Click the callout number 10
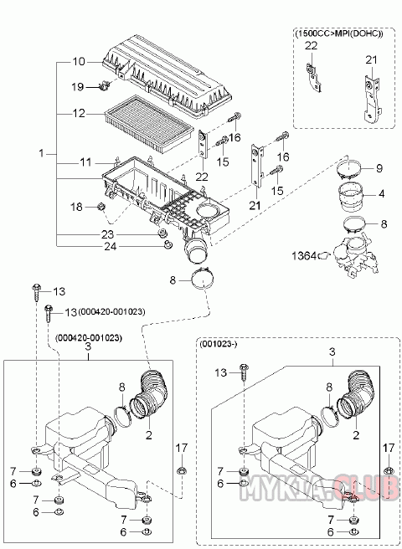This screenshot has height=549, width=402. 79,62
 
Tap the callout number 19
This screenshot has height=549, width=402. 77,86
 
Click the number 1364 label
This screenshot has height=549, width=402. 304,256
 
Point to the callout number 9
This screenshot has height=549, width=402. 379,168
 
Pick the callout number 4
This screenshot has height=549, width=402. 381,193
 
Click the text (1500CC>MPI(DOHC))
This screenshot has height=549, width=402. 339,33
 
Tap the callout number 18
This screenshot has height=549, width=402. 76,207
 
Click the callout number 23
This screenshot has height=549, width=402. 107,234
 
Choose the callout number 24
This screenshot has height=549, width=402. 111,247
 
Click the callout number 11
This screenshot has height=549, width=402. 85,162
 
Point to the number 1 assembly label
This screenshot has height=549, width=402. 42,153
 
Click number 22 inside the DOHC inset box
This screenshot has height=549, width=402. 311,46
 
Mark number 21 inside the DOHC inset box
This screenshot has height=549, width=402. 371,60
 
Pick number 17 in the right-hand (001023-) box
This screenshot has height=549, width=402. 389,448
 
